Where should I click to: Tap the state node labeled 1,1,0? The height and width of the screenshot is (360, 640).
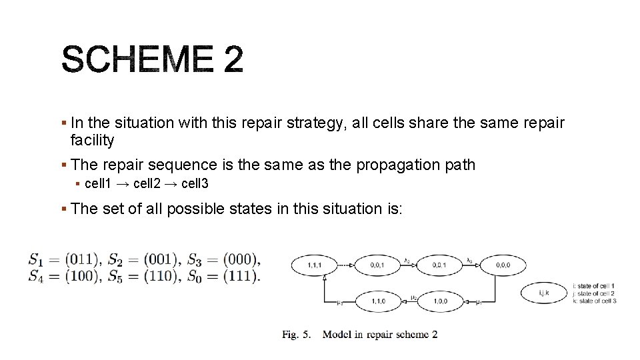click(378, 301)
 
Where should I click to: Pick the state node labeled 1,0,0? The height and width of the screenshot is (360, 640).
click(441, 301)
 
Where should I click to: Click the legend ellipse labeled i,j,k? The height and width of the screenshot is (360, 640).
click(543, 292)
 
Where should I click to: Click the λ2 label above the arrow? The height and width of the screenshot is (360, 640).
click(407, 261)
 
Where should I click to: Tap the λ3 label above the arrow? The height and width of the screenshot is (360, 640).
click(469, 261)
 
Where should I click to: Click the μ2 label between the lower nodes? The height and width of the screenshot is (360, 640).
click(414, 298)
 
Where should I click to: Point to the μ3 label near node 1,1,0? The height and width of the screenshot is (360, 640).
click(339, 303)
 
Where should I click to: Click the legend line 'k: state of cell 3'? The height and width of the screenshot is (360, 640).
click(595, 301)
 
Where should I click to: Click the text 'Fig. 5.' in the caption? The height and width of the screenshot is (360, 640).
click(297, 335)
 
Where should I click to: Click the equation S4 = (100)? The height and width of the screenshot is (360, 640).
click(63, 275)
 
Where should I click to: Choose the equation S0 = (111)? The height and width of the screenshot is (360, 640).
click(223, 275)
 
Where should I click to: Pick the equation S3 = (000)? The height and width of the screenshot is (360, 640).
click(223, 259)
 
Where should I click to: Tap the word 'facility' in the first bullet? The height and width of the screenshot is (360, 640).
click(92, 140)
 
